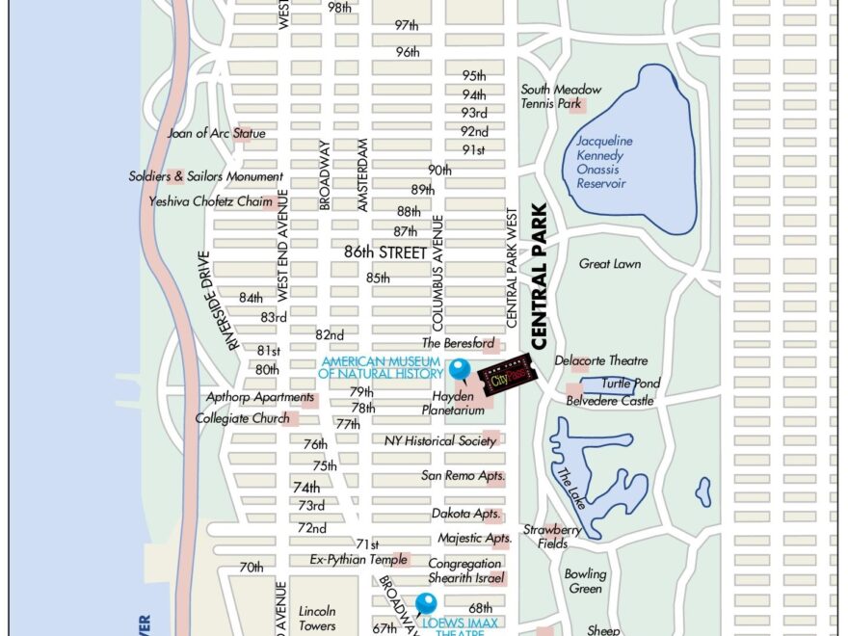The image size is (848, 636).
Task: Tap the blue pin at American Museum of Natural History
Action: pyautogui.click(x=460, y=369)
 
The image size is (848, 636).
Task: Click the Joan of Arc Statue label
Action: pyautogui.click(x=216, y=133)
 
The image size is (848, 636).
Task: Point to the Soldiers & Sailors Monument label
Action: pyautogui.click(x=206, y=176)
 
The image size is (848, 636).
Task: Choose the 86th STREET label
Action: pyautogui.click(x=384, y=252)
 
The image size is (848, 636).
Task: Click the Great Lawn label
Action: pyautogui.click(x=609, y=263)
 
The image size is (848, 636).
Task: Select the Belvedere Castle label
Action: pyautogui.click(x=609, y=400)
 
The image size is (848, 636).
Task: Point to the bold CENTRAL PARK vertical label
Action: pyautogui.click(x=539, y=276)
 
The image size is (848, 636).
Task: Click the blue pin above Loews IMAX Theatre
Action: pyautogui.click(x=426, y=604)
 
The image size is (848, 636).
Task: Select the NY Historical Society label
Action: pyautogui.click(x=440, y=440)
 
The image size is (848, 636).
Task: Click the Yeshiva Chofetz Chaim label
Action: pyautogui.click(x=210, y=201)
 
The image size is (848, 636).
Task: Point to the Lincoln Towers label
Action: pyautogui.click(x=317, y=618)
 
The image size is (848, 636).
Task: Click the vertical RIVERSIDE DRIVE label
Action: pyautogui.click(x=218, y=302)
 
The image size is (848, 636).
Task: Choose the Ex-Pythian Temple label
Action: pyautogui.click(x=345, y=559)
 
